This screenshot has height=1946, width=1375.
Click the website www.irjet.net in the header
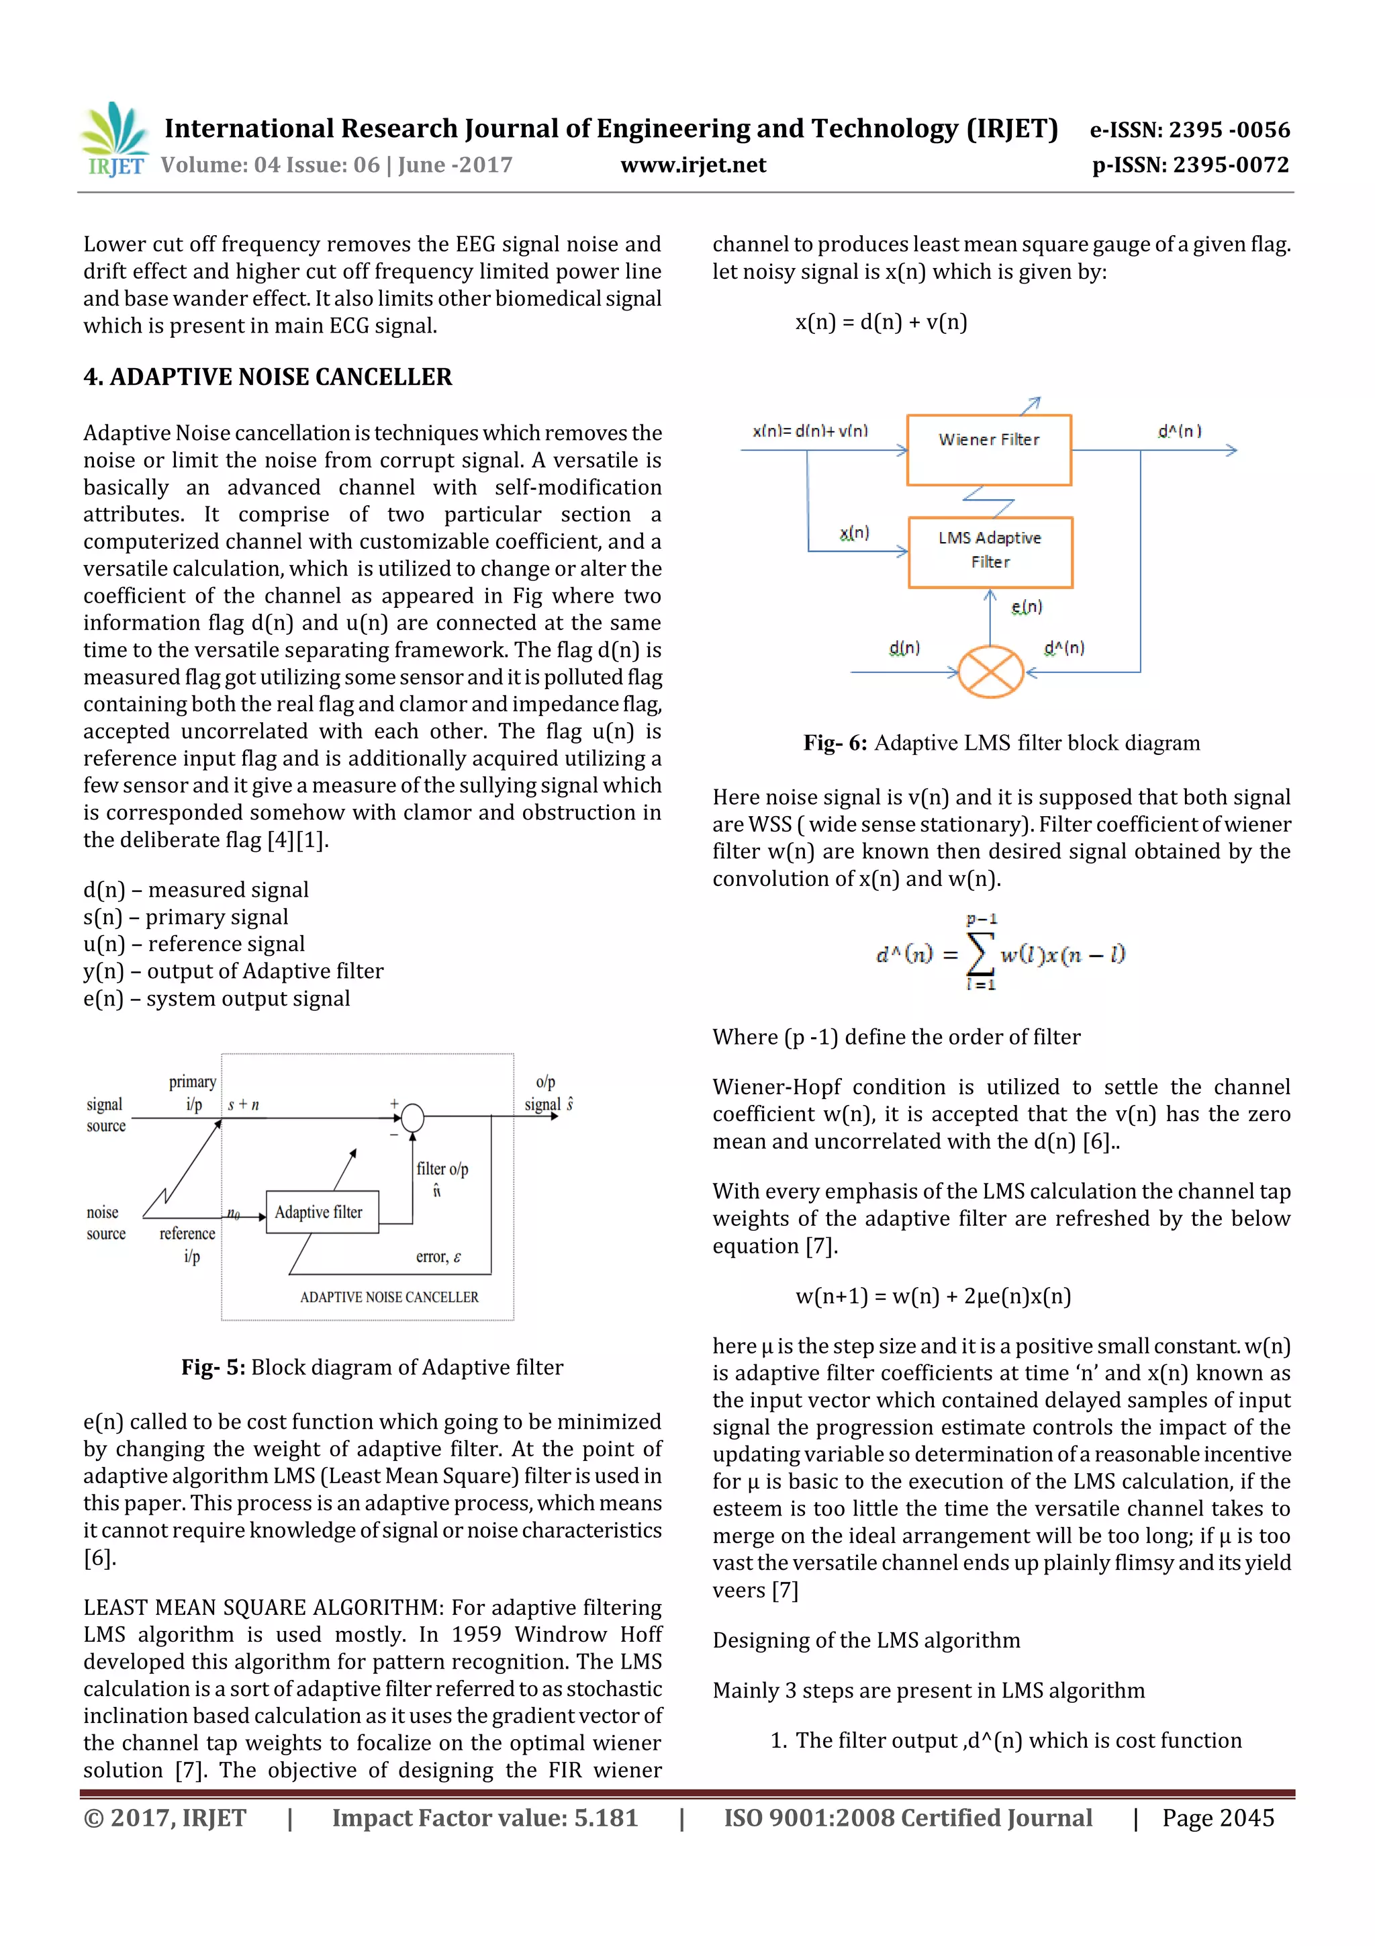tap(692, 165)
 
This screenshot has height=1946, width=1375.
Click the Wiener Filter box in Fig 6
tap(989, 449)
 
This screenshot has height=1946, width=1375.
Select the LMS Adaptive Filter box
tap(990, 551)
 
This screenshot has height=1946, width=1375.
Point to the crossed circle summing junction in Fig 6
tap(990, 672)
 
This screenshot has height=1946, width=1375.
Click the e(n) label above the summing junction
tap(1027, 607)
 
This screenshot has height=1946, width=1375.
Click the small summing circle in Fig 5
tap(413, 1118)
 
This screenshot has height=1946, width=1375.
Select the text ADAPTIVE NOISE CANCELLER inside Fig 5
tap(389, 1296)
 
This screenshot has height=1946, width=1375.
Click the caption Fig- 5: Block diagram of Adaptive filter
tap(372, 1367)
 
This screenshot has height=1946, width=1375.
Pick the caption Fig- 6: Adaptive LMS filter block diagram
tap(1002, 744)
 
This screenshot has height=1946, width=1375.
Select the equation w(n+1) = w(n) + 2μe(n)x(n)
tap(933, 1296)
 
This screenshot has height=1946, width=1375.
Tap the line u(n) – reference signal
tap(194, 944)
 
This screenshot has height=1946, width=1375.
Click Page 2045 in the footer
tap(1217, 1817)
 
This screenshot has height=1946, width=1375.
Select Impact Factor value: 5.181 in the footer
tap(485, 1817)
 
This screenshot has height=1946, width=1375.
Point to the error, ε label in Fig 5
tap(438, 1257)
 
